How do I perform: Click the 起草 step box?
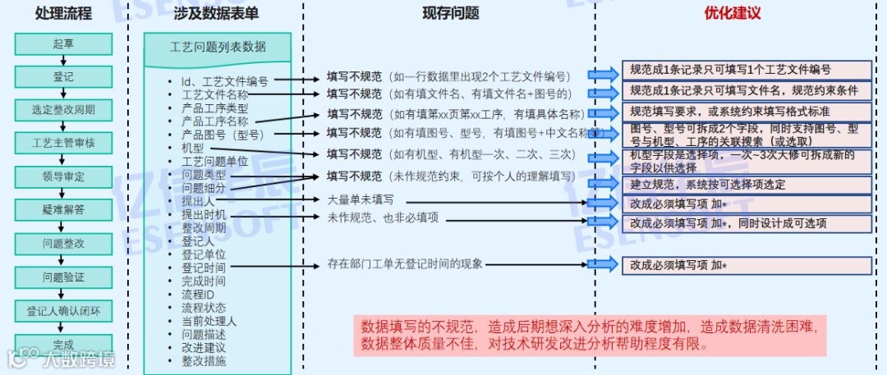tap(63, 44)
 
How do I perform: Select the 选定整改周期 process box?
tap(63, 110)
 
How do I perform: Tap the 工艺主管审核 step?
tap(63, 144)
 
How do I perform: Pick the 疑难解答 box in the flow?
tap(63, 210)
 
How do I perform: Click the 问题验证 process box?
tap(63, 277)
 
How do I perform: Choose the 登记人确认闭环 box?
tap(63, 311)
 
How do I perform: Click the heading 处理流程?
tap(63, 13)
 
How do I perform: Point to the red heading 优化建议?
tap(733, 13)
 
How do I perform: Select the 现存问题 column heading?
tap(451, 13)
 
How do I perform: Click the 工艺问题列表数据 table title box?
tap(218, 47)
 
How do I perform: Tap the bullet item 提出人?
tap(198, 201)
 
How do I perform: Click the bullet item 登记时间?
tap(204, 268)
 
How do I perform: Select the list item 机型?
tap(192, 148)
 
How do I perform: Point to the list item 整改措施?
tap(204, 361)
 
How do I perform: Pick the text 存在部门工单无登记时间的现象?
tap(406, 264)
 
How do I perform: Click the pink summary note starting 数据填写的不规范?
tap(590, 335)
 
